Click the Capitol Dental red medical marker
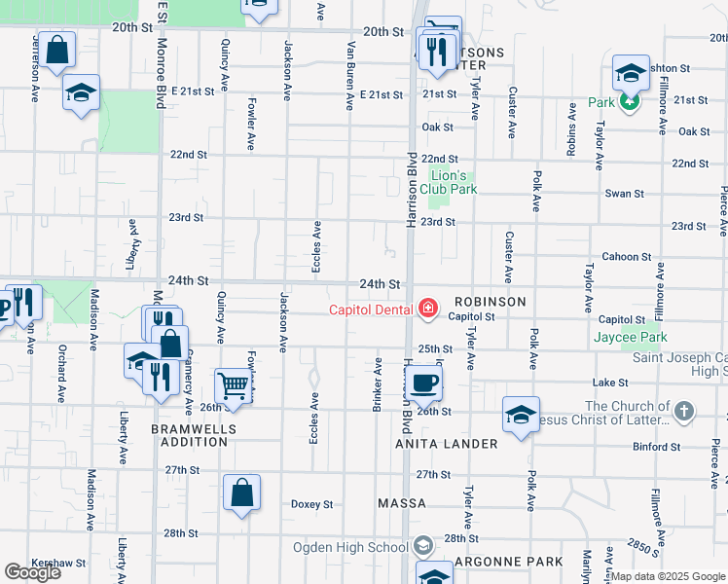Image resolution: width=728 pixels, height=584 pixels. (426, 310)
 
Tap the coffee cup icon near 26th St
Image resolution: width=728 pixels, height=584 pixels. (423, 382)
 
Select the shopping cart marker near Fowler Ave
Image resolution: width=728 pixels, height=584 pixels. (234, 386)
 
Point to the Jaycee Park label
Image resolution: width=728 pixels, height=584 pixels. (631, 337)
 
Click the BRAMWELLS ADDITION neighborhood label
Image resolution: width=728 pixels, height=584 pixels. (189, 434)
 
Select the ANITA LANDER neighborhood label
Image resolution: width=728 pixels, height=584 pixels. (447, 444)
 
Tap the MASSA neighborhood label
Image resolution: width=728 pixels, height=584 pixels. (402, 503)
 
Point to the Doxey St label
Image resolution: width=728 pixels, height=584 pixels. (311, 504)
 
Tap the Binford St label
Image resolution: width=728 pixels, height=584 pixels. (658, 447)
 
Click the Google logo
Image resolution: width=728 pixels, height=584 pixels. (32, 572)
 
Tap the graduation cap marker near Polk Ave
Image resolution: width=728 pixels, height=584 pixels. (522, 413)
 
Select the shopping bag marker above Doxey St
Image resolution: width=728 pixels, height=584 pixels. (241, 492)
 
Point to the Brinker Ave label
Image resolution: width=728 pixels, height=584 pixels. (377, 384)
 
